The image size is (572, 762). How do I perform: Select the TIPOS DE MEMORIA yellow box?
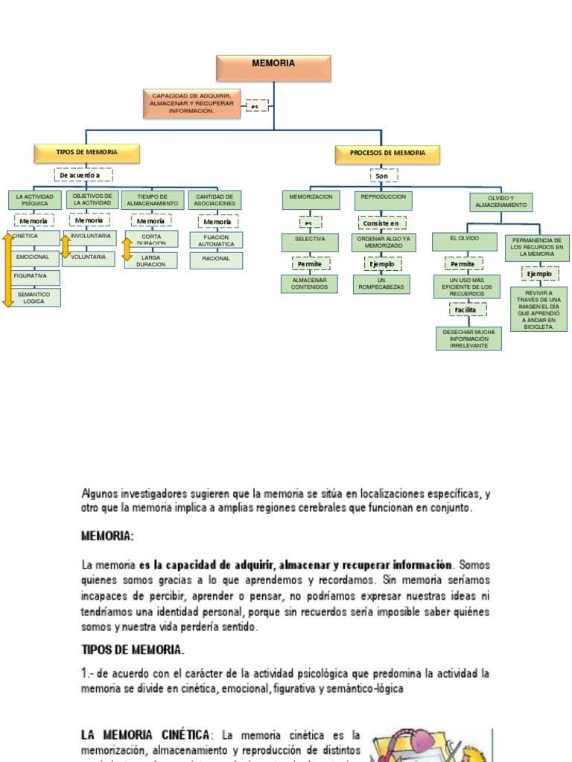(86, 153)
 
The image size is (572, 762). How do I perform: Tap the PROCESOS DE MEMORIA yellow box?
(387, 153)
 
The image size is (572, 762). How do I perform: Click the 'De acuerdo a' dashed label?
(84, 175)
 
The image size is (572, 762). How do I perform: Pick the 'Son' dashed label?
(383, 176)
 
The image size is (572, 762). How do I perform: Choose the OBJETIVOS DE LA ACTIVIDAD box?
(92, 199)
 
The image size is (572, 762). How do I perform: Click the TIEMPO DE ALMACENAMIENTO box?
(152, 199)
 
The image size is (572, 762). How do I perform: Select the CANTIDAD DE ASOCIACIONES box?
(214, 199)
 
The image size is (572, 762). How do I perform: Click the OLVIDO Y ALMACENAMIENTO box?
(500, 202)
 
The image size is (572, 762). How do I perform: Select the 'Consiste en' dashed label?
(381, 222)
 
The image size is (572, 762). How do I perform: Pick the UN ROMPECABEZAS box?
(381, 284)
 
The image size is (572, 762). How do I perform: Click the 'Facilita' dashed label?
(467, 310)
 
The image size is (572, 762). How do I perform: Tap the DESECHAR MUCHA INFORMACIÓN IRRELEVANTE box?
(468, 338)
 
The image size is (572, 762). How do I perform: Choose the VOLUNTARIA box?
(89, 258)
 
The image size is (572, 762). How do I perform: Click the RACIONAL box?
(215, 259)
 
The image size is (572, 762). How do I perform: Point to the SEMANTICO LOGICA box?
(34, 298)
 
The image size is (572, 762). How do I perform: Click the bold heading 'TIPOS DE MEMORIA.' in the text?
(133, 650)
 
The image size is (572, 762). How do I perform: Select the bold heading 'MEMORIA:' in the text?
(107, 536)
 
